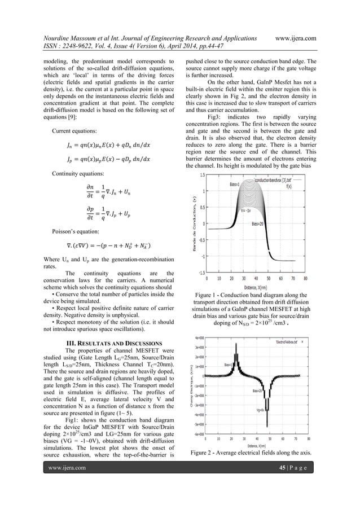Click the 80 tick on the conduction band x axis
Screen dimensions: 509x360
pos(305,278)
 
